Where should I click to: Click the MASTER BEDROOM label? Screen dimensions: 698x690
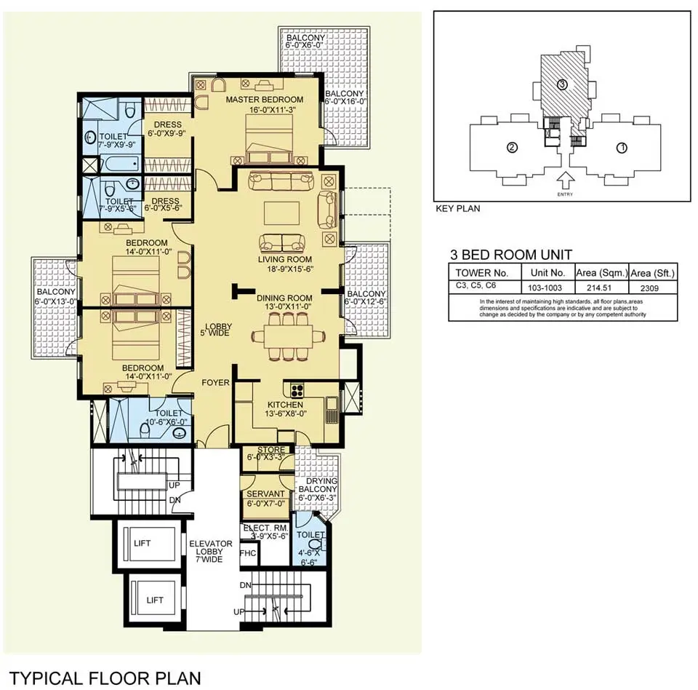(265, 100)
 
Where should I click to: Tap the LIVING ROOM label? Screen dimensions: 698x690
(285, 259)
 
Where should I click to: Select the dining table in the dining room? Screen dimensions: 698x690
(288, 337)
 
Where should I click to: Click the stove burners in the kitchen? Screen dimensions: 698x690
(297, 390)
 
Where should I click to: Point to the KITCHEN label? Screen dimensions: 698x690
(285, 405)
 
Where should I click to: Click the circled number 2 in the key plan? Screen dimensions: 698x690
(513, 147)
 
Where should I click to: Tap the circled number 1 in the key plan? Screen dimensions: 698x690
(622, 148)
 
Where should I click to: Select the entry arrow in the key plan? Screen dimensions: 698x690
(566, 181)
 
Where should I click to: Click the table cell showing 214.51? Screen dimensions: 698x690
(599, 288)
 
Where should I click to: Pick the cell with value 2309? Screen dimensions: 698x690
(649, 288)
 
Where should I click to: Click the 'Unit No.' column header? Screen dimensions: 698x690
(547, 273)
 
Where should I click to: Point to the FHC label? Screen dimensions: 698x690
(248, 553)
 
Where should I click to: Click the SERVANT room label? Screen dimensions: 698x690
(265, 494)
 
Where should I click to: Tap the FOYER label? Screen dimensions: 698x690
(215, 382)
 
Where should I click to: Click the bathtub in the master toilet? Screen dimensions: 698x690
(122, 164)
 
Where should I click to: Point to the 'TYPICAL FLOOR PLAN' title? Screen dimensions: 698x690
(105, 678)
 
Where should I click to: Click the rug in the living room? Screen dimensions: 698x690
(281, 213)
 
